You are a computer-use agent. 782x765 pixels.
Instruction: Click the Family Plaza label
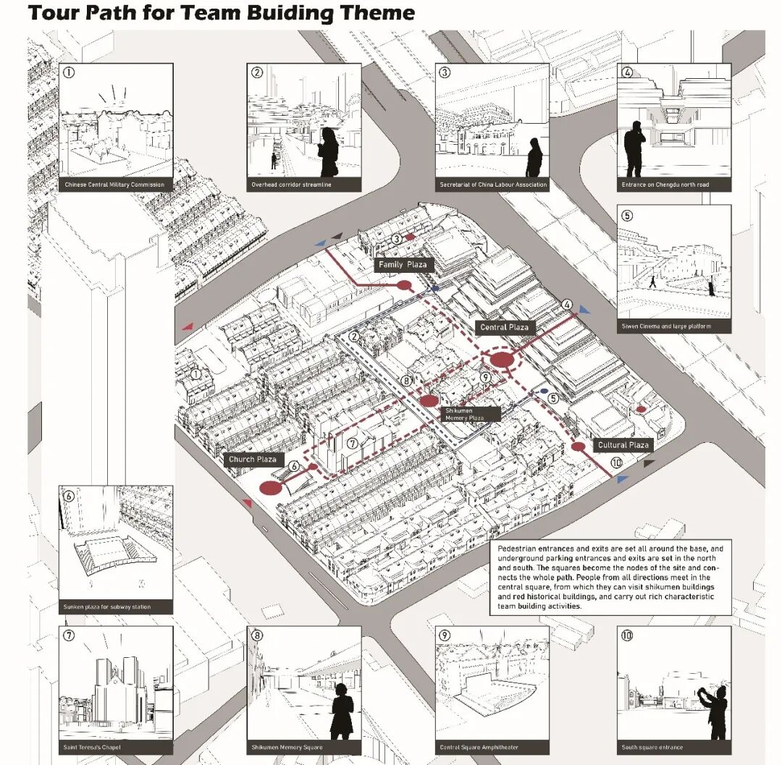(403, 265)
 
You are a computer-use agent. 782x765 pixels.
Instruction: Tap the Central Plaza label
(505, 327)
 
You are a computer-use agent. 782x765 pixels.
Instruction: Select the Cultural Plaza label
(623, 445)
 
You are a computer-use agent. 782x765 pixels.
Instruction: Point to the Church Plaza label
(253, 459)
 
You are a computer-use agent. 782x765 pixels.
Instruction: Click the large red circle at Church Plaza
(269, 489)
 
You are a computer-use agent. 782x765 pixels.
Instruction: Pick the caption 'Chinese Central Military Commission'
(115, 185)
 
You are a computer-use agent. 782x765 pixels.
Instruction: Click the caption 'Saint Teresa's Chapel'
(91, 747)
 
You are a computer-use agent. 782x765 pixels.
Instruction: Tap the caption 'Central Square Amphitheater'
(479, 747)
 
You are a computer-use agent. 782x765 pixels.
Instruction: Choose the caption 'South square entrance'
(652, 747)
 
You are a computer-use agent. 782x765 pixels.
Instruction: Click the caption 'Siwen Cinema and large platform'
(666, 326)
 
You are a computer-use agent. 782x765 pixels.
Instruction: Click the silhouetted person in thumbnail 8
(342, 709)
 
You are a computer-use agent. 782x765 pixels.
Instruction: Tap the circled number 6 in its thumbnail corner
(69, 496)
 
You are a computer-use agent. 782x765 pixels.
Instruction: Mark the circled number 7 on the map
(352, 444)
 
